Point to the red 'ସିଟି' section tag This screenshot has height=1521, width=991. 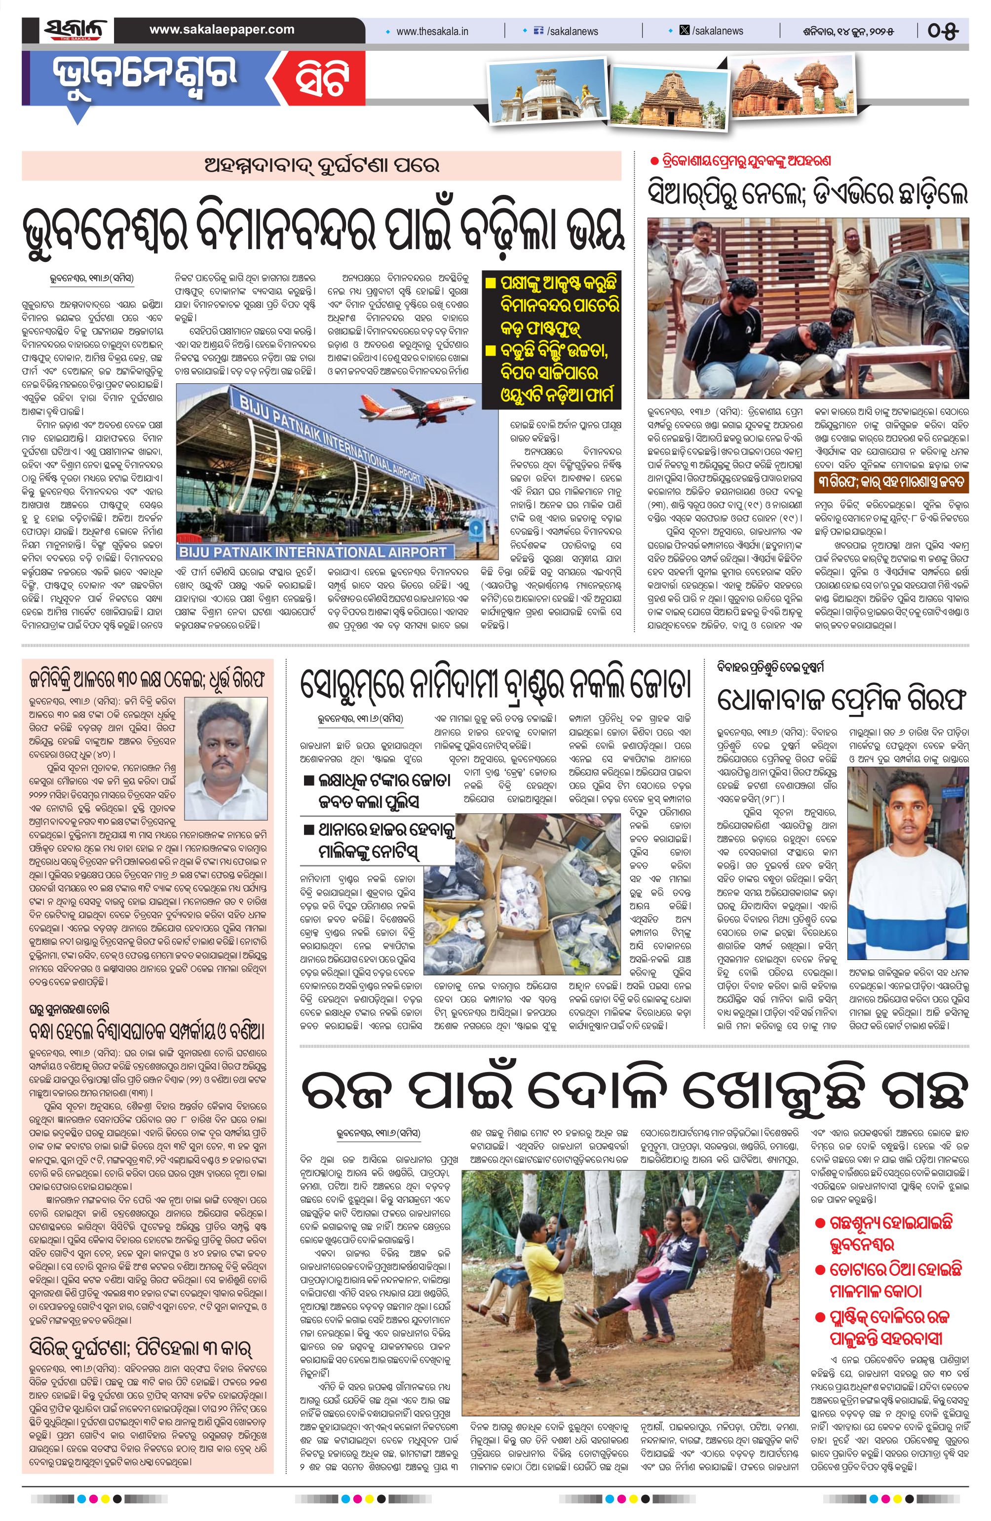(x=321, y=82)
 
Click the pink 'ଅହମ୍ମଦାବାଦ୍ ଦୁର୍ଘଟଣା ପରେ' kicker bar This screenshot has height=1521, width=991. (x=321, y=166)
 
